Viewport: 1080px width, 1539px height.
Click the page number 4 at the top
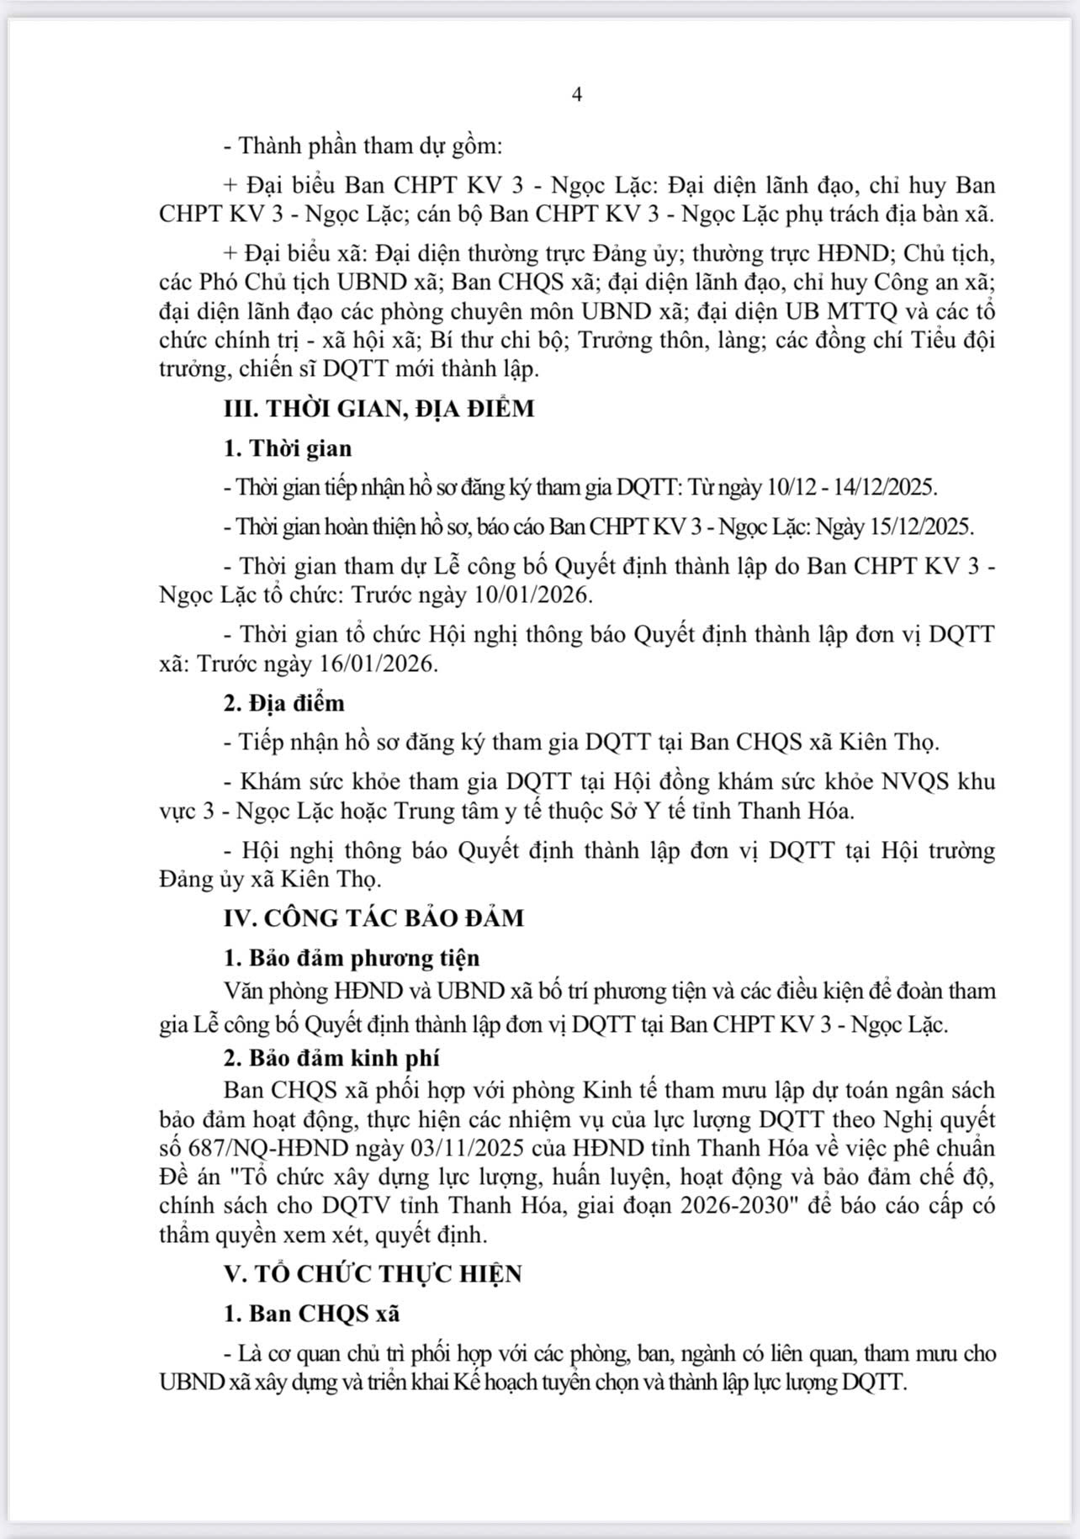577,94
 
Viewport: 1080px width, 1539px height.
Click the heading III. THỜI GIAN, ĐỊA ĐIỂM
379,409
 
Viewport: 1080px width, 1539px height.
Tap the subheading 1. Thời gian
288,448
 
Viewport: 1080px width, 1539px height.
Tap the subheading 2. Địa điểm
283,703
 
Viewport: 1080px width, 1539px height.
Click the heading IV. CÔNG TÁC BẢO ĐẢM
373,918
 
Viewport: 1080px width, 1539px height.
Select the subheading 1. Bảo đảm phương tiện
352,958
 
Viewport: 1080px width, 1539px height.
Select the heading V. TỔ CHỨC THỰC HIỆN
373,1273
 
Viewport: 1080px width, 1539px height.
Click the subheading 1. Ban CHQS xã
311,1313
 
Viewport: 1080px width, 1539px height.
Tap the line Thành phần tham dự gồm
363,145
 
